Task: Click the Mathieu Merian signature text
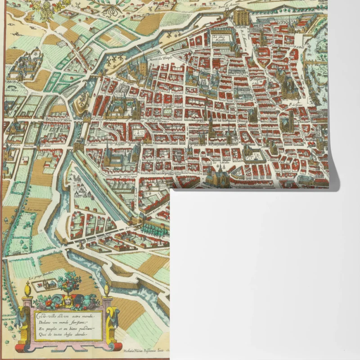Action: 144,350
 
